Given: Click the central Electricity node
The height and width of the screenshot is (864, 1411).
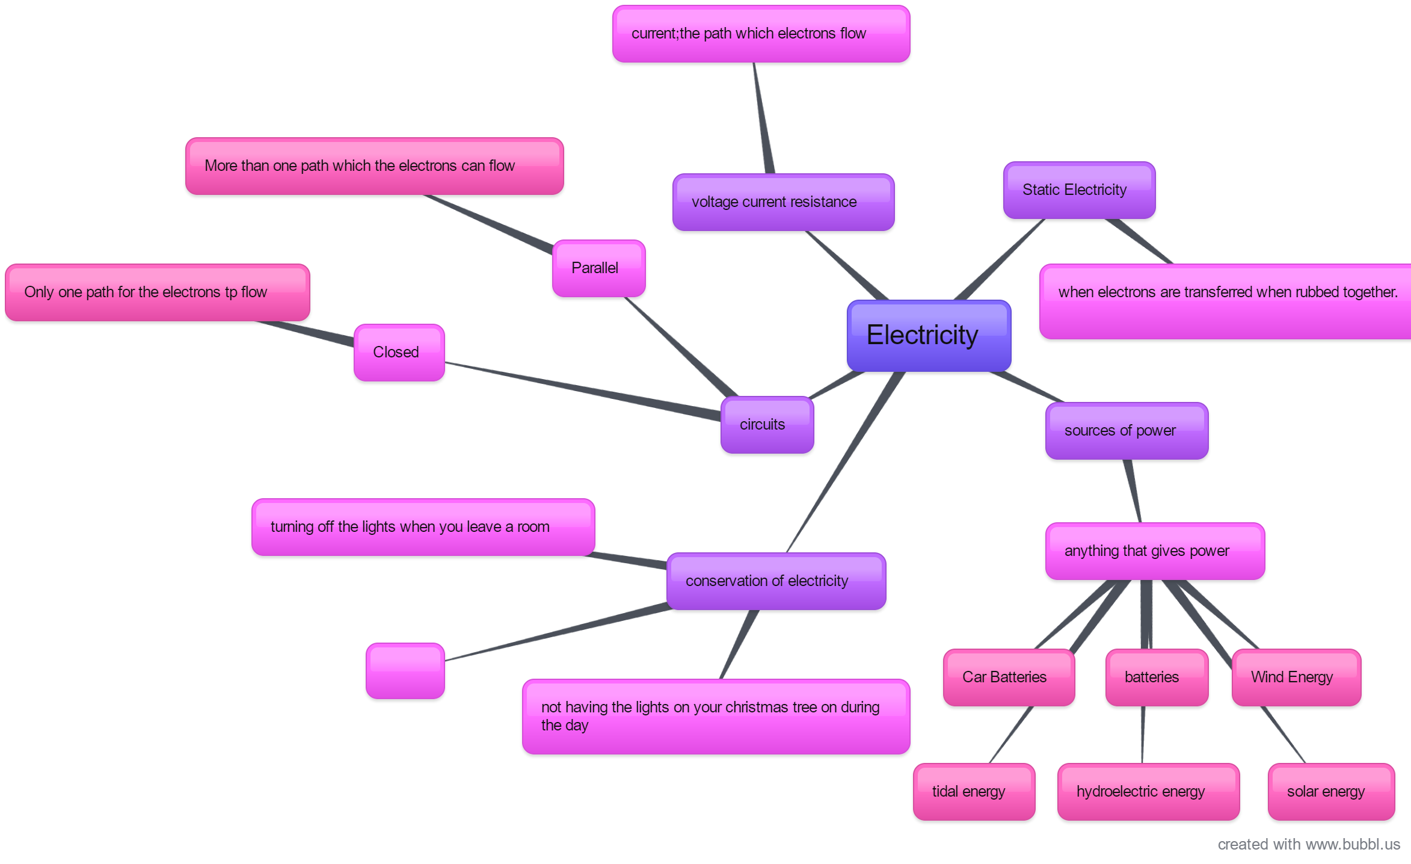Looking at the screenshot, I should pos(929,336).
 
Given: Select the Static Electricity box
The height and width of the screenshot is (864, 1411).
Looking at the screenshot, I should pos(1079,190).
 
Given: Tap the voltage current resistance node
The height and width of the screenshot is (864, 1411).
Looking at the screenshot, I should pos(783,202).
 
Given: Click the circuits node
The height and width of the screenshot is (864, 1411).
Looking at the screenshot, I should pos(767,425).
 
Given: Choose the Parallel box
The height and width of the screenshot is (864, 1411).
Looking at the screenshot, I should pos(598,268).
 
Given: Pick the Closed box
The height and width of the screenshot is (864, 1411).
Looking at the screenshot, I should pos(399,353).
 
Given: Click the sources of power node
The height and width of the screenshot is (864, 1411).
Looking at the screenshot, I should pos(1127,431).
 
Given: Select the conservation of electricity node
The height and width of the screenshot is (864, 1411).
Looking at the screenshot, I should pos(776,581).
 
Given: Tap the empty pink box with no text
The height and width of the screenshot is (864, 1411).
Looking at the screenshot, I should pos(405,671).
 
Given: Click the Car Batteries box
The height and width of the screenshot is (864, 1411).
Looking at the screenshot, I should pos(1009,677).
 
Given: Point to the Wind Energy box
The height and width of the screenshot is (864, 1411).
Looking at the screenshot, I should pos(1296,677).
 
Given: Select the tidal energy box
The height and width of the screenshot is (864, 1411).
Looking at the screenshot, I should pos(974,792).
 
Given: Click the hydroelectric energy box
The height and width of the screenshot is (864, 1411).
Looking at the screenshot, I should pos(1148,792).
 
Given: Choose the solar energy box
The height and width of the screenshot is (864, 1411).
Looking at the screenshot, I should pos(1331,792).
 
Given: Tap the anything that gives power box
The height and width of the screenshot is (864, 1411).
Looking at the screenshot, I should pos(1155,551).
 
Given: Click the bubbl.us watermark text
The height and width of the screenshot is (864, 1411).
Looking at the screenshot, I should pos(1309,845).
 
